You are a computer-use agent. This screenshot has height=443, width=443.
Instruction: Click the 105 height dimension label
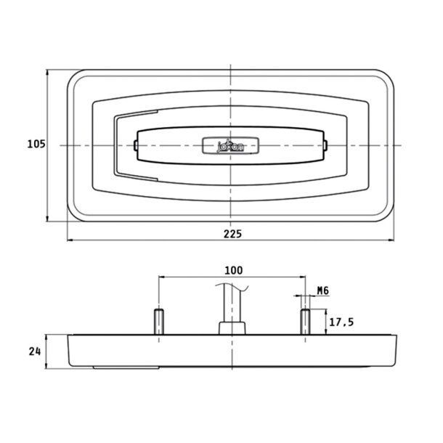(36, 144)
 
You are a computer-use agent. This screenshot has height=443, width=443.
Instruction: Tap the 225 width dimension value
(233, 234)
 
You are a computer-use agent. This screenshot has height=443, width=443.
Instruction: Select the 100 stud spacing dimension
(234, 270)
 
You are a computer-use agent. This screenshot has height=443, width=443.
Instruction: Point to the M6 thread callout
(323, 290)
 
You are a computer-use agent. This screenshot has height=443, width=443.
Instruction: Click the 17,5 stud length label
(341, 322)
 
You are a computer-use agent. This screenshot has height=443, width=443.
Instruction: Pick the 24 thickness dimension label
(35, 351)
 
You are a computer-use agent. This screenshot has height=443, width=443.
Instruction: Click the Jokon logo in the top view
(230, 145)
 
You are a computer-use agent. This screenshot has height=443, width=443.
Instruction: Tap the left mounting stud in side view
(159, 322)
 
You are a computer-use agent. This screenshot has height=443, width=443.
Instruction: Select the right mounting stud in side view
(305, 322)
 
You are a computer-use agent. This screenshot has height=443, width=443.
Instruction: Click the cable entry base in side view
(232, 328)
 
